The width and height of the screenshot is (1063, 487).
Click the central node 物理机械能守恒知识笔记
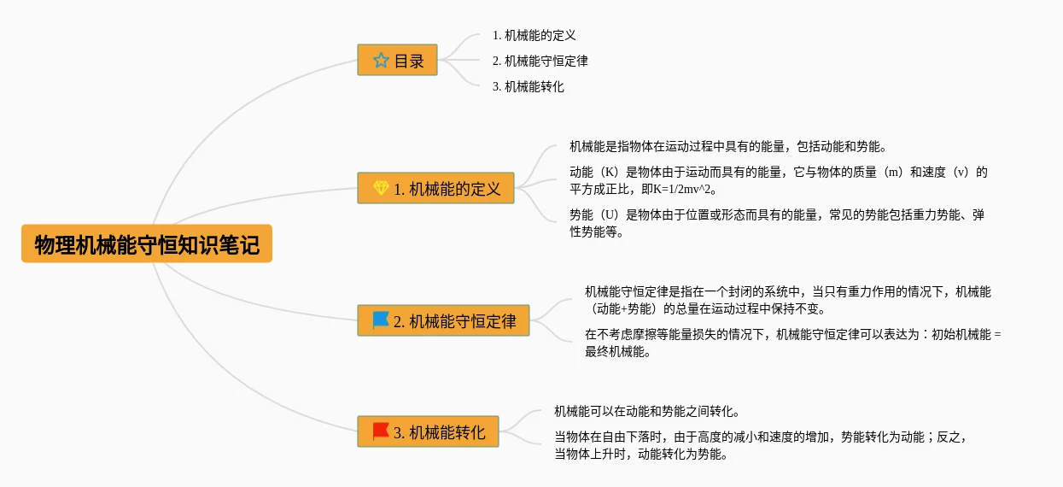click(147, 243)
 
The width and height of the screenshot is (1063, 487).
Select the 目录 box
click(397, 60)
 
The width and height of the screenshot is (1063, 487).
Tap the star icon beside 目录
click(381, 61)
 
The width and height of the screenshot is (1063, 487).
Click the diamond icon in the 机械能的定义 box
click(381, 188)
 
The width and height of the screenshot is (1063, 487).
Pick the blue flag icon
click(381, 320)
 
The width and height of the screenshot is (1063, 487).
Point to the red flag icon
click(381, 431)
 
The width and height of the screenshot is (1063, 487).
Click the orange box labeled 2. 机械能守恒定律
click(443, 320)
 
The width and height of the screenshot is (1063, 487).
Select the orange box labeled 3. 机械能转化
click(428, 431)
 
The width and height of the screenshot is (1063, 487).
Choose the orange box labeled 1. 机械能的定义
click(435, 188)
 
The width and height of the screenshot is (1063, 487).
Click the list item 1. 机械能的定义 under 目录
click(534, 35)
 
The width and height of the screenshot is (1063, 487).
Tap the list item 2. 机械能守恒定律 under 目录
click(540, 61)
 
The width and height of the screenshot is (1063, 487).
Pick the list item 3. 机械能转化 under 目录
click(529, 86)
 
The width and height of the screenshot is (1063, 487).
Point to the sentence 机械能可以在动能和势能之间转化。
click(647, 412)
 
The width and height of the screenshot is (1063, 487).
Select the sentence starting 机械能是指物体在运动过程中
click(728, 147)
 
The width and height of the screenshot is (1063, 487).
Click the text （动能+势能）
click(624, 309)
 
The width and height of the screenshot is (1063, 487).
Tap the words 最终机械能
click(615, 352)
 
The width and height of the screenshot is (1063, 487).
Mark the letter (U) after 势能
click(610, 215)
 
